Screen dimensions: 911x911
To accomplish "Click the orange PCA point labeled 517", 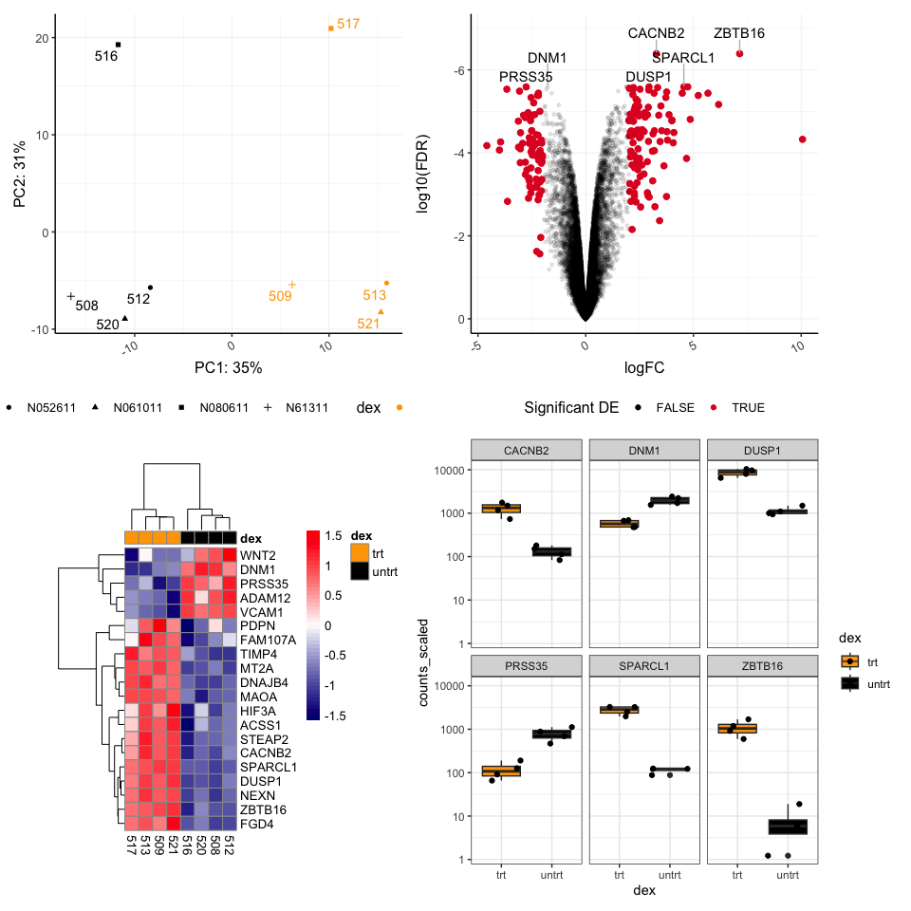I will click(x=330, y=28).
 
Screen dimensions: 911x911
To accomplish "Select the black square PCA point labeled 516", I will click(x=119, y=45).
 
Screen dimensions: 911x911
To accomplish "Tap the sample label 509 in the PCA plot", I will click(x=280, y=296).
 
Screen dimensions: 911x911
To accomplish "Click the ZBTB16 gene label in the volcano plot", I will click(x=739, y=33).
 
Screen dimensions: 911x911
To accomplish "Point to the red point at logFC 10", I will click(x=802, y=139).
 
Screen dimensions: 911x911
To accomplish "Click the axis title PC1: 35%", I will click(x=228, y=367).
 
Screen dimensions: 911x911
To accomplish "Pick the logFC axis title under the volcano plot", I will click(x=644, y=366).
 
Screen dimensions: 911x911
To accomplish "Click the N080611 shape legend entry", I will click(x=214, y=408).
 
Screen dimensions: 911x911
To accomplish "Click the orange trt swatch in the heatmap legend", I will click(x=359, y=552).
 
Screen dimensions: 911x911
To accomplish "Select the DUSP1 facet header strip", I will click(x=762, y=448).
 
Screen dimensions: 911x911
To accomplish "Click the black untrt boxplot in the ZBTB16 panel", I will click(x=788, y=827).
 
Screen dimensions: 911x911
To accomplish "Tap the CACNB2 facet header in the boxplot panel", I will click(x=527, y=448).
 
